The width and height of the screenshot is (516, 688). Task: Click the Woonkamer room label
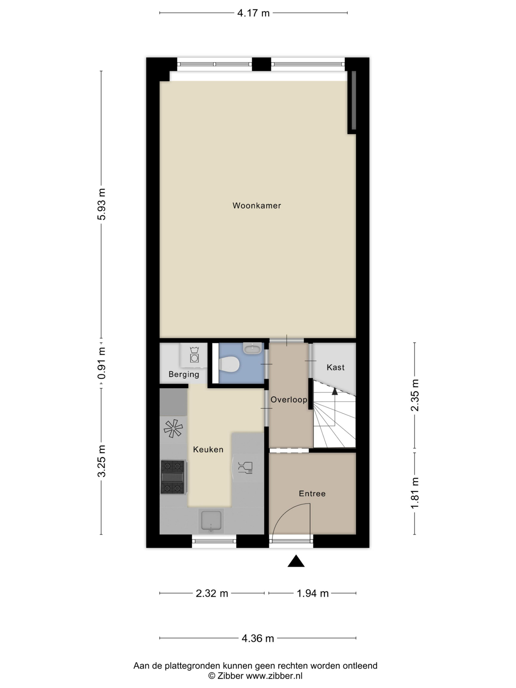point(257,206)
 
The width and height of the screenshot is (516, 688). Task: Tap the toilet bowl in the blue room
point(229,364)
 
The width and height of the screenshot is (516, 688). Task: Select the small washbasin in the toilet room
point(252,348)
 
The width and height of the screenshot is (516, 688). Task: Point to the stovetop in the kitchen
point(173,477)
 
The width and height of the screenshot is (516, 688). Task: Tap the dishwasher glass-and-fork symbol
point(245,467)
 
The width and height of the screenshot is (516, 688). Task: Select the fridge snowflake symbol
point(173,428)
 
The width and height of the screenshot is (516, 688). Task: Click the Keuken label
point(208,449)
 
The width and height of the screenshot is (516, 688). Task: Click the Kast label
point(336,367)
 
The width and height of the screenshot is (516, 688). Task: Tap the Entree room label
point(312,493)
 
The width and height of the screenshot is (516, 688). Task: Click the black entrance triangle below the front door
point(296,561)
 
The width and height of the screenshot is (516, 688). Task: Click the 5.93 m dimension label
point(102,204)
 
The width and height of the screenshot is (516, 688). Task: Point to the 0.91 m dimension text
point(102,363)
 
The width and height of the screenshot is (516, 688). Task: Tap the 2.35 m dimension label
point(415,395)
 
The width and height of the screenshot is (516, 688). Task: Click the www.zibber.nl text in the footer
point(274,676)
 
